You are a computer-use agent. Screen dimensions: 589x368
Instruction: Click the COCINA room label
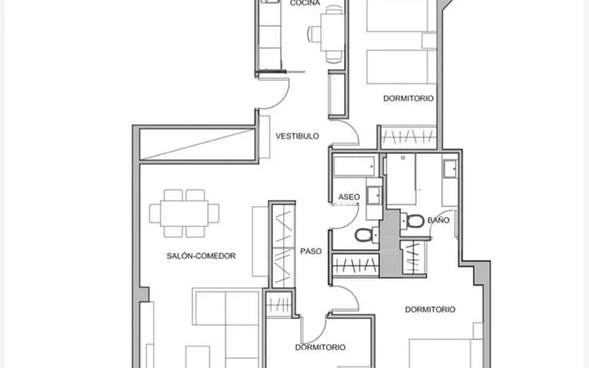click(x=304, y=3)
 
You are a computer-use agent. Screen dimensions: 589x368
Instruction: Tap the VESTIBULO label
click(x=297, y=136)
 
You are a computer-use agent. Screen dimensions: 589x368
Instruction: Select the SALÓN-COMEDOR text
click(x=201, y=256)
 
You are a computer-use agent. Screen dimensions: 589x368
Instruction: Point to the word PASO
click(x=311, y=251)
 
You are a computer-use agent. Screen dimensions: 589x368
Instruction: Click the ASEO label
click(x=349, y=197)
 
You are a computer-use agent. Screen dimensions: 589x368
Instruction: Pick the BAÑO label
click(x=438, y=220)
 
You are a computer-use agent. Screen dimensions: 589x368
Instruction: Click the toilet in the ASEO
click(x=366, y=235)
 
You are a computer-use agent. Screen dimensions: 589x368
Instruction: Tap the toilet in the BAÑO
click(x=411, y=221)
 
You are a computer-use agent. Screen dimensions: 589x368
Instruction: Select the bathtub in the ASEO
click(x=354, y=166)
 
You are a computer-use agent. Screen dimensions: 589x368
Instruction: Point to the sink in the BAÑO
click(x=450, y=169)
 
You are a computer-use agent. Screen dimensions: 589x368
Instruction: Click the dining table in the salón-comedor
click(x=184, y=213)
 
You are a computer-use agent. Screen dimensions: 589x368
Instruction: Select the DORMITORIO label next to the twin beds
click(x=408, y=98)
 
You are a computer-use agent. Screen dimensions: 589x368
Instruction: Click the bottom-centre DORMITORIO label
click(x=320, y=348)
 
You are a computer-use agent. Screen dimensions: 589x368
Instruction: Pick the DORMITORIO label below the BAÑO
click(x=430, y=309)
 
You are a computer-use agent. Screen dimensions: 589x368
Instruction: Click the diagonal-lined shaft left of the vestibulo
click(x=197, y=145)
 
